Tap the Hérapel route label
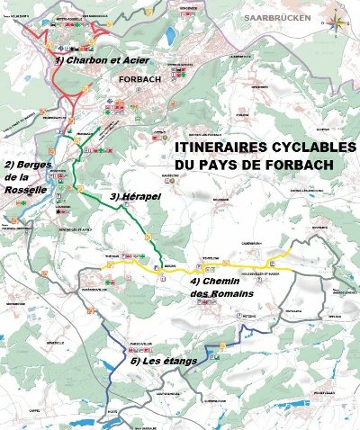pyautogui.click(x=131, y=195)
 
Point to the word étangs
pyautogui.click(x=177, y=362)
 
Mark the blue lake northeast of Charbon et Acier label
pyautogui.click(x=170, y=37)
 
